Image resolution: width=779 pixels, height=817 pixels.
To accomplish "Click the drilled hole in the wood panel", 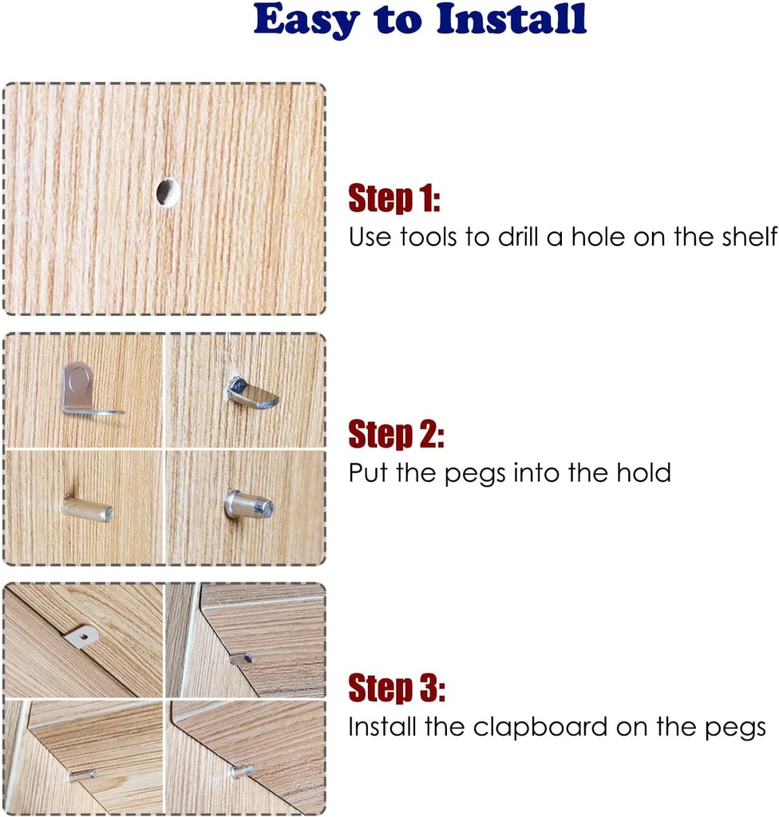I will pyautogui.click(x=167, y=191).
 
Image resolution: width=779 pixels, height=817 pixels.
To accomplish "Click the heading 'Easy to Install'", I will pyautogui.click(x=421, y=22).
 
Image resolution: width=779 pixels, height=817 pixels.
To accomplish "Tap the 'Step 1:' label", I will pyautogui.click(x=394, y=199).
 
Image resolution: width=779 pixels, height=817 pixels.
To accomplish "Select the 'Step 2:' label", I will pyautogui.click(x=396, y=435).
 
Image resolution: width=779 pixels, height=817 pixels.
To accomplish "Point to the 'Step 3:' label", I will pyautogui.click(x=397, y=688).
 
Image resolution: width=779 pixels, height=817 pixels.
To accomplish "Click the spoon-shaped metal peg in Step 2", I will pyautogui.click(x=251, y=394).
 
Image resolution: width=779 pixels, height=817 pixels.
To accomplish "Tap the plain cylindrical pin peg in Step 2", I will pyautogui.click(x=87, y=509).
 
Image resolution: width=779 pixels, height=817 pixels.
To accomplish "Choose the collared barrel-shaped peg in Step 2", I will pyautogui.click(x=249, y=505).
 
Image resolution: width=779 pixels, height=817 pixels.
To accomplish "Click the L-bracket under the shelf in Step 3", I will pyautogui.click(x=82, y=636).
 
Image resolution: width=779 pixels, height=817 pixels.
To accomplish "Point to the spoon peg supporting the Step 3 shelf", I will pyautogui.click(x=240, y=658).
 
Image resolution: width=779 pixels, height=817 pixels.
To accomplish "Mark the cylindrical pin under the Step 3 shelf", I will pyautogui.click(x=82, y=774).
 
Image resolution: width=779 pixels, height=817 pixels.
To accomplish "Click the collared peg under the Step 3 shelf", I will pyautogui.click(x=240, y=771).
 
